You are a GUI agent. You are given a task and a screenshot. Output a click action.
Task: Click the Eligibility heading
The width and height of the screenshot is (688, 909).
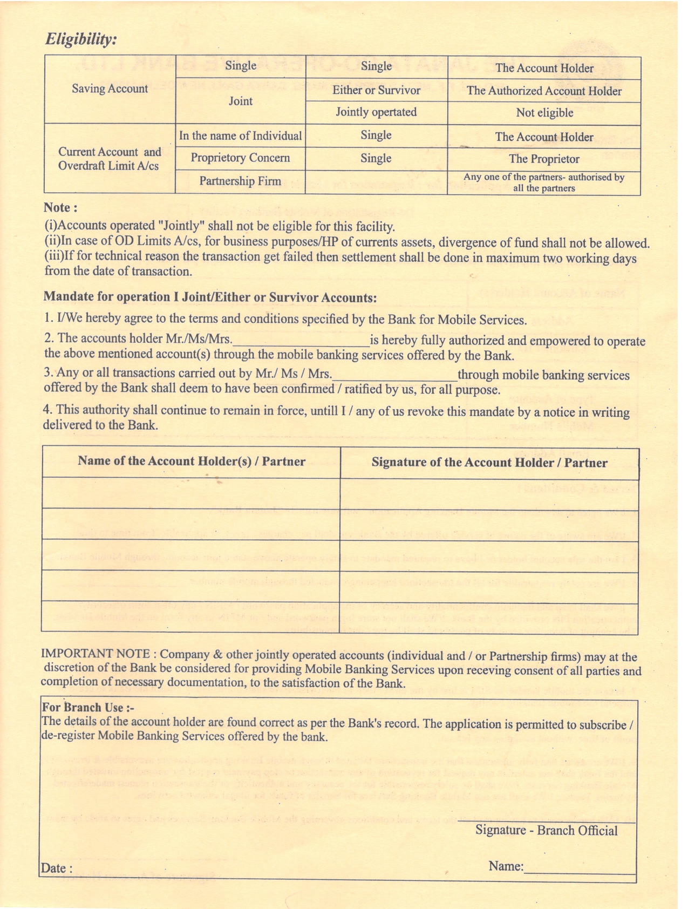tap(81, 39)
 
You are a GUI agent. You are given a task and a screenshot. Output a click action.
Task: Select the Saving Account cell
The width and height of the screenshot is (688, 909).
tap(110, 89)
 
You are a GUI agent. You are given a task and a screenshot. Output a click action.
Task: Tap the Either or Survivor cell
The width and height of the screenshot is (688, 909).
tap(376, 90)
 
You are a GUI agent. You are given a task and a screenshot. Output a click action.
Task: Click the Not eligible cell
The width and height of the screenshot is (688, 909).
tap(544, 113)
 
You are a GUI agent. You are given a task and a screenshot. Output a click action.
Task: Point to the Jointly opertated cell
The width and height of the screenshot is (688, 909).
tap(376, 112)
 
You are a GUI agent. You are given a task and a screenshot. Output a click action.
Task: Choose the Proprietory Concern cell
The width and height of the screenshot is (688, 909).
tap(240, 158)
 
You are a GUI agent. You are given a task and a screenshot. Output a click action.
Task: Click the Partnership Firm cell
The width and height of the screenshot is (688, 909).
tap(240, 181)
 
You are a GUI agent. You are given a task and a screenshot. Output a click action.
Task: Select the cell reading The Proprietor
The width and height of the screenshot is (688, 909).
tap(544, 159)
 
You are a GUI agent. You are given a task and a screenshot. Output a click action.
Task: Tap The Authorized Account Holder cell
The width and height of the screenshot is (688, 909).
tap(544, 91)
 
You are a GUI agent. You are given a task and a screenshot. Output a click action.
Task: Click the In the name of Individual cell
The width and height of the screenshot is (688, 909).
tap(240, 135)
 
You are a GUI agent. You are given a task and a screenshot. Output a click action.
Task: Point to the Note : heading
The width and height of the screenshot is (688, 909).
tap(60, 208)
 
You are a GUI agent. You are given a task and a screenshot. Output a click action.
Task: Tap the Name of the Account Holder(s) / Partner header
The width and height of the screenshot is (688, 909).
tap(192, 462)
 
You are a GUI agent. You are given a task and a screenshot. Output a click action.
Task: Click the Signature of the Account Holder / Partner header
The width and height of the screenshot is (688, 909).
tap(489, 463)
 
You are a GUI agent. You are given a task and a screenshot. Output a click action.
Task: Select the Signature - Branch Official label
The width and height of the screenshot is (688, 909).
tap(546, 830)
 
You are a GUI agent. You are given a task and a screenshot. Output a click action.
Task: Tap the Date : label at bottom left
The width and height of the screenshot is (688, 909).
tap(56, 869)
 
